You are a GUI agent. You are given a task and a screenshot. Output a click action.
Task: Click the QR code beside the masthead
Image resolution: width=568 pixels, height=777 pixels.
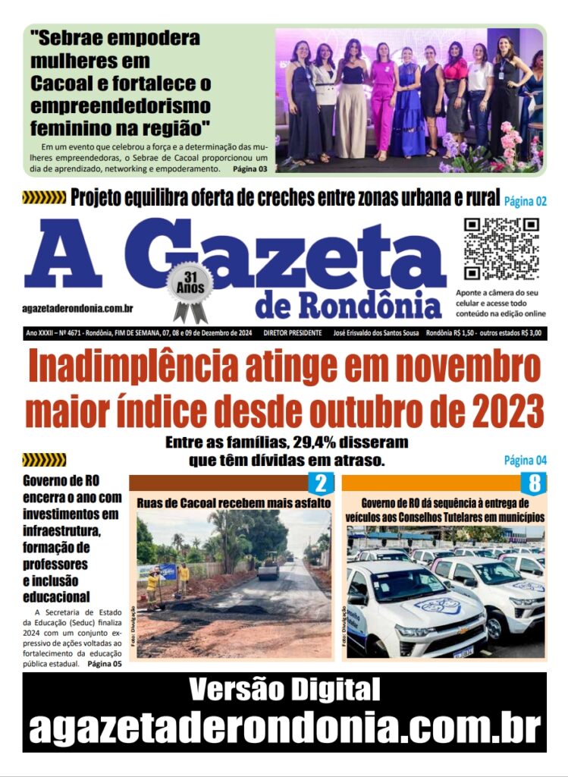[x=501, y=248]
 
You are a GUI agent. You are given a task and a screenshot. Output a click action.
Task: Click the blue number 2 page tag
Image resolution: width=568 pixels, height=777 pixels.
[x=319, y=483]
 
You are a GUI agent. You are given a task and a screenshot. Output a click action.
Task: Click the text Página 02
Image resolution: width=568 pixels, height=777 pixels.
[x=526, y=201]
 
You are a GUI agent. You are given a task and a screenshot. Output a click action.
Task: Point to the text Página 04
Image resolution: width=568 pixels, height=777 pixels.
[x=526, y=460]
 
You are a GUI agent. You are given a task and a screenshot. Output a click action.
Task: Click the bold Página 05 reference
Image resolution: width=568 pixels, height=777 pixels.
[x=104, y=664]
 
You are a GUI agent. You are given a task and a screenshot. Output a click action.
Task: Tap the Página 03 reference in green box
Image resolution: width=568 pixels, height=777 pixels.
[x=249, y=168]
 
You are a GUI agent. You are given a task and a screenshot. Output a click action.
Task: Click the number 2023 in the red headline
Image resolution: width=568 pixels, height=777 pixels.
[x=505, y=413]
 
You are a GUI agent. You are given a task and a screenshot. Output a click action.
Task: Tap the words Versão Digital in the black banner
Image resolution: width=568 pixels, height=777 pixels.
[x=284, y=690]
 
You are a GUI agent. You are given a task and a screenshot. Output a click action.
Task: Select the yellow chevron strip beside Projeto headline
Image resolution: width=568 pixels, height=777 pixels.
[x=44, y=198]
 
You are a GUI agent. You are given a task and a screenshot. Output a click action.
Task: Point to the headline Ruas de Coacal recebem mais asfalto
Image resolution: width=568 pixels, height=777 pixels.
[x=234, y=502]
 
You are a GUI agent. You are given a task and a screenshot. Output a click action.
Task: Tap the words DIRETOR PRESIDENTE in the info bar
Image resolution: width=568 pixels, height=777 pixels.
[x=293, y=333]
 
